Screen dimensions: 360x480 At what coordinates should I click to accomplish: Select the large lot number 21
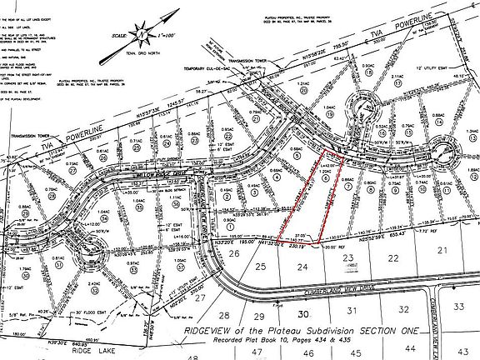tap(442, 250)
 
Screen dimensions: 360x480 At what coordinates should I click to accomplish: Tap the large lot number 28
tap(223, 316)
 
